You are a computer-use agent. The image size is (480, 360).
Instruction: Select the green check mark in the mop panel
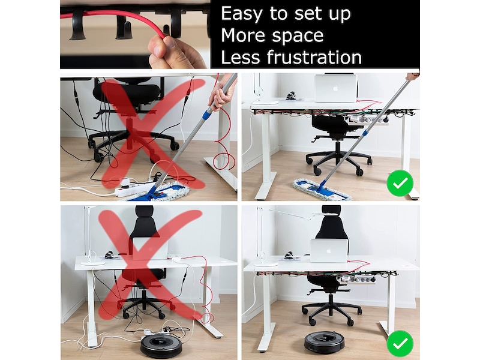tap(400, 183)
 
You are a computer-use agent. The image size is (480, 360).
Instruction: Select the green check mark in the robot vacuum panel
tap(400, 343)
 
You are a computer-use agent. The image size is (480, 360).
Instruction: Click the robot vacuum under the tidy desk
tap(324, 341)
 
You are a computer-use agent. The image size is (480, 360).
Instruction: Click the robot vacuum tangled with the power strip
tap(161, 346)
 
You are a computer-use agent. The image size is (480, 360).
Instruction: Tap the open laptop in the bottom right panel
tap(329, 250)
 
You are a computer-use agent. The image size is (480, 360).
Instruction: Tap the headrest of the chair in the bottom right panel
tap(332, 215)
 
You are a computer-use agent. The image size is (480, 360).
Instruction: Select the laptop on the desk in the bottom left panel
tap(149, 248)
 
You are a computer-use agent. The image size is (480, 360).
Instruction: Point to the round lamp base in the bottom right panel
tap(265, 263)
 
